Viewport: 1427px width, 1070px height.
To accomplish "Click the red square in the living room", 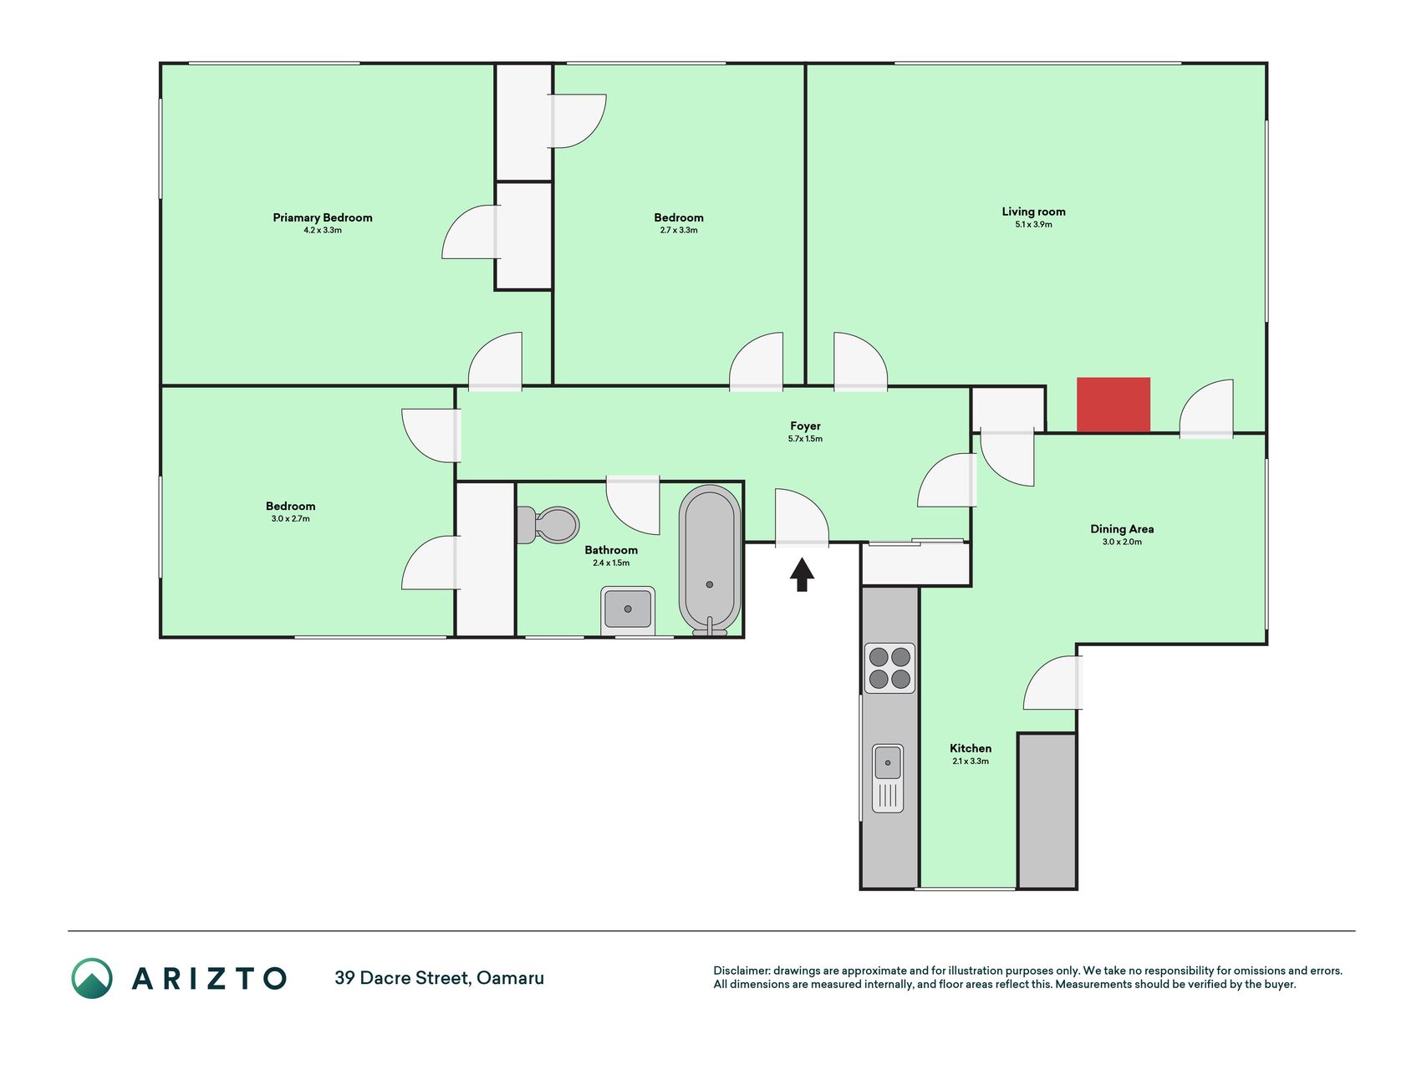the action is coord(1114,405).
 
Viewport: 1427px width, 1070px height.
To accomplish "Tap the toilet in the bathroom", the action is coord(548,525).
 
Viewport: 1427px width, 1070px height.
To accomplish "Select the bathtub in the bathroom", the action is coord(710,560).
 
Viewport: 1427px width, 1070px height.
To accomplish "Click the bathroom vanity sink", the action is coord(628,609).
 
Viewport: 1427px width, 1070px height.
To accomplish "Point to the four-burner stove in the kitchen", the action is coord(889,668).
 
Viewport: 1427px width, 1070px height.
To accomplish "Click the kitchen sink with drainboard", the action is coord(888,778).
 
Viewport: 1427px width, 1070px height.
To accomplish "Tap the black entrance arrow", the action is coord(802,574).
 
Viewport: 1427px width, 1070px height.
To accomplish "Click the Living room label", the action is coord(1033,211).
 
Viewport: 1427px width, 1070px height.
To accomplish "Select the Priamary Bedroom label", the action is coord(323,217).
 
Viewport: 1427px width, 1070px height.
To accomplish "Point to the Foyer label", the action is coord(805,426).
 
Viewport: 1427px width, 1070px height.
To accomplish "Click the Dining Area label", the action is coord(1122,529).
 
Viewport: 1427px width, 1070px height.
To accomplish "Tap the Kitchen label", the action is coord(971,748).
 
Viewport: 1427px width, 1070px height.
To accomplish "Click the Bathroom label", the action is coord(611,550).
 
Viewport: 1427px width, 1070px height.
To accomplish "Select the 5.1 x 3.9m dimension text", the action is coord(1033,225).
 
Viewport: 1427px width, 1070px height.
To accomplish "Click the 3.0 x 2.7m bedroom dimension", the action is coord(290,519).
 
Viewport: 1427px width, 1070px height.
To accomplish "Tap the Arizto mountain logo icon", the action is coord(92,978).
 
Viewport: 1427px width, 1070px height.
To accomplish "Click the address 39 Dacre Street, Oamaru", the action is coord(439,978).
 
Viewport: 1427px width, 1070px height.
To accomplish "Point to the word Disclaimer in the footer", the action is coord(742,971).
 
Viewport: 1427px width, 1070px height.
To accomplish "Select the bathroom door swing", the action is coord(633,504).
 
